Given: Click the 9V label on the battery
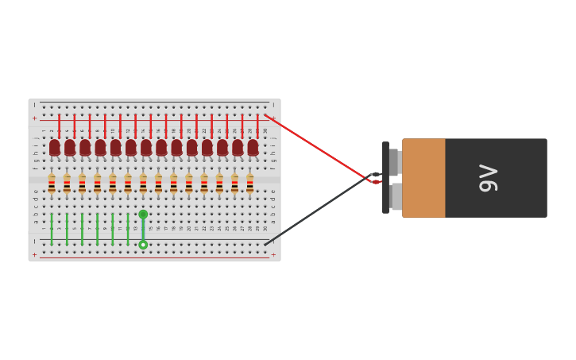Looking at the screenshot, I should pos(488,178).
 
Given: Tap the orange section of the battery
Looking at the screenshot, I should pos(423,178).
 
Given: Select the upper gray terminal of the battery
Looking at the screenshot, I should pos(394,162).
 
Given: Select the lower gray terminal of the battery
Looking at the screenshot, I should pos(396,196).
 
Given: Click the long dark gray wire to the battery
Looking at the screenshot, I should pos(318,210).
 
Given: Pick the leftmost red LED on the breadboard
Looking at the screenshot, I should pos(55,148).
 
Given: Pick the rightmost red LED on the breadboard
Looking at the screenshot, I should pos(253,148).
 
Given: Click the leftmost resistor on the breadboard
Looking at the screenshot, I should pos(52,184).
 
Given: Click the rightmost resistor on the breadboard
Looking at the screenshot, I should pos(249,184).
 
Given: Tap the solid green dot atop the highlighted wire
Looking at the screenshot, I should pos(143,215).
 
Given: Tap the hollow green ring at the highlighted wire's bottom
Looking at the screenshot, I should pos(143,245).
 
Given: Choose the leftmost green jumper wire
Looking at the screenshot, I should pos(52,229).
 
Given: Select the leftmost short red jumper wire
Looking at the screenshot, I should pos(59,126).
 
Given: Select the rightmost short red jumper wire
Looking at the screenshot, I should pos(257,126).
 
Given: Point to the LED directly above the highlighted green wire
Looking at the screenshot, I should pos(146,148).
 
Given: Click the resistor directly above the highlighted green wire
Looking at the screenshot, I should pos(143,184).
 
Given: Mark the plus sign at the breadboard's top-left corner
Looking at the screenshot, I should pos(34,118).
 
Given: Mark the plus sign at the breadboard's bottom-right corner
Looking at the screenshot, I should pos(273,255).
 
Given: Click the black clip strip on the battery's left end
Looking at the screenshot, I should pos(385,178).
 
